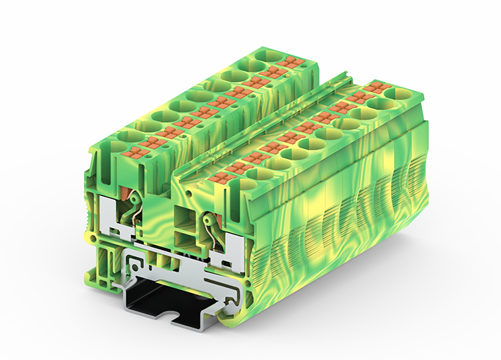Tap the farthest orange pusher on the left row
pyautogui.click(x=290, y=63)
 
